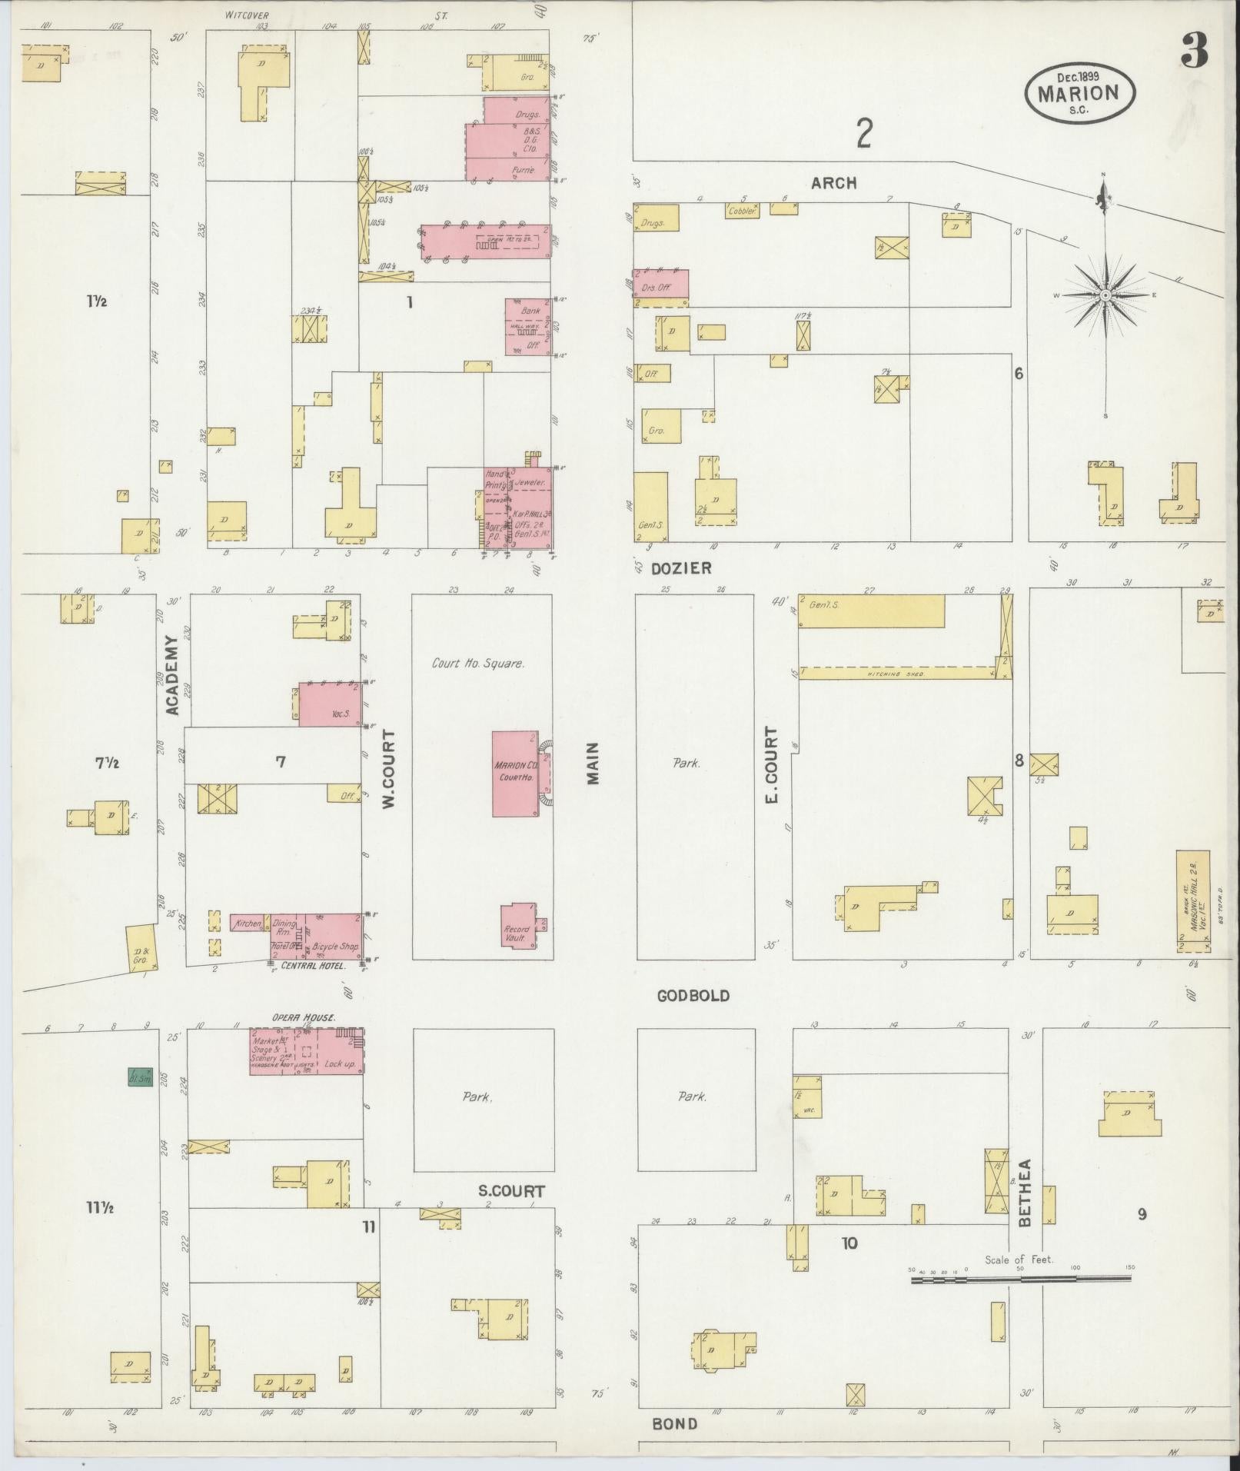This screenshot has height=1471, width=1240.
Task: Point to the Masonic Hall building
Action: click(x=1192, y=900)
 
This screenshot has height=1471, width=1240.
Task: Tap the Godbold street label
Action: click(x=693, y=996)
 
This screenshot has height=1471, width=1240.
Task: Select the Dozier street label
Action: click(x=681, y=568)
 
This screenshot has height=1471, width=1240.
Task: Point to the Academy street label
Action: click(x=173, y=674)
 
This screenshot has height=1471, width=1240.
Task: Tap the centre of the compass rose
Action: click(x=1105, y=295)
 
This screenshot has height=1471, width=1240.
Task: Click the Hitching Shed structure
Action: click(x=899, y=673)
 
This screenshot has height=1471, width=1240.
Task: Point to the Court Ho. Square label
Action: click(x=477, y=663)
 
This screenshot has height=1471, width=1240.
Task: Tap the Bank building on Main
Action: click(x=527, y=327)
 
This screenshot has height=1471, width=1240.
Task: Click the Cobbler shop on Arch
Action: click(x=742, y=210)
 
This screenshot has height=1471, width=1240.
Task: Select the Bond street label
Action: click(x=675, y=1424)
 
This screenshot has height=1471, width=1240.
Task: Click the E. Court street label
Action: click(x=772, y=764)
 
